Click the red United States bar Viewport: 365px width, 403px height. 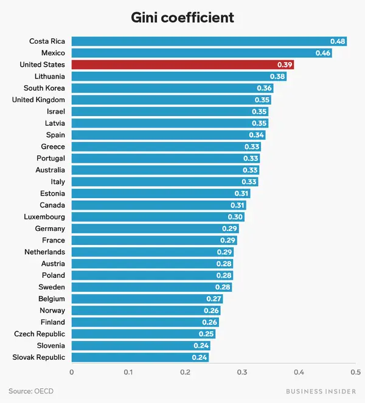coord(182,64)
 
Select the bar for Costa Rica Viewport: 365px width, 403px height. coord(209,41)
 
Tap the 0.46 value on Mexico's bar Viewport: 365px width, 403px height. coord(323,53)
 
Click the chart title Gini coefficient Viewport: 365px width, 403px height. coord(182,18)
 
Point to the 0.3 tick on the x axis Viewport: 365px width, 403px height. coord(242,372)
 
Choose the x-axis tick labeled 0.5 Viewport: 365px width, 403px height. coord(356,372)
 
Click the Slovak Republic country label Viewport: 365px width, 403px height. coord(38,357)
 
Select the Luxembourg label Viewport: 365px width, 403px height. coord(44,217)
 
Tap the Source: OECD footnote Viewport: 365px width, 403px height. coord(31,391)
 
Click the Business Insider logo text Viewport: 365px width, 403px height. coord(321,391)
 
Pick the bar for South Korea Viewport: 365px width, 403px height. coord(172,88)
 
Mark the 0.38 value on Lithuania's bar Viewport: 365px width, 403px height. coord(277,77)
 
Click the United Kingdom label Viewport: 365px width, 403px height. coord(38,100)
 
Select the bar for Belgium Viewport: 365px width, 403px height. coord(147,298)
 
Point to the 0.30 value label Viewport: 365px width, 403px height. coord(235,217)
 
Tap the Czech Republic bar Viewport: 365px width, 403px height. coord(144,334)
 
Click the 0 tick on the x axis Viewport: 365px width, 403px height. coord(72,372)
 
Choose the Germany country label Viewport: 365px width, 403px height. coord(50,229)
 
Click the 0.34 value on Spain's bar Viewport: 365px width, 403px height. coord(256,135)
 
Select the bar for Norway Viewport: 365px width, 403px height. coord(146,311)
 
